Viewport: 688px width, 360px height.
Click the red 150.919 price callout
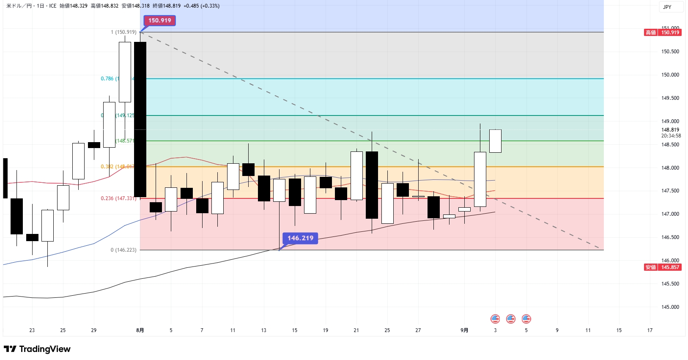click(159, 20)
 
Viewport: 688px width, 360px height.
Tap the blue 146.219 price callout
click(300, 238)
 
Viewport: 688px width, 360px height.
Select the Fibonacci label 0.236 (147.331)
click(118, 198)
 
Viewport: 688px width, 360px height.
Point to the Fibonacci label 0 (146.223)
click(123, 250)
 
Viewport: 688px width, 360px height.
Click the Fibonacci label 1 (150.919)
click(123, 32)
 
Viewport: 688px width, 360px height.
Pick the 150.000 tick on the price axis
click(670, 75)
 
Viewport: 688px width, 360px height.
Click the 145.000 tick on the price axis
click(670, 307)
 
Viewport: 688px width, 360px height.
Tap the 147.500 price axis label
click(670, 191)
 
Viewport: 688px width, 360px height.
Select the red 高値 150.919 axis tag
click(663, 33)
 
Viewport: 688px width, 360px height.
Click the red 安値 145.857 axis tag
click(663, 267)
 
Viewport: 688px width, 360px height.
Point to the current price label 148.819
click(670, 130)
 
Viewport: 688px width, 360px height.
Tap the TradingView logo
click(37, 349)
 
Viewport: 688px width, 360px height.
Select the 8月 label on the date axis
click(140, 330)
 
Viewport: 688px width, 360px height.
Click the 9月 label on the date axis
click(464, 330)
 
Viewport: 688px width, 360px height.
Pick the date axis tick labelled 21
click(356, 330)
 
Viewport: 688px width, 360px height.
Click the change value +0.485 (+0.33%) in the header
click(201, 6)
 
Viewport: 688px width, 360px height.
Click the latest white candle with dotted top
click(495, 141)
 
